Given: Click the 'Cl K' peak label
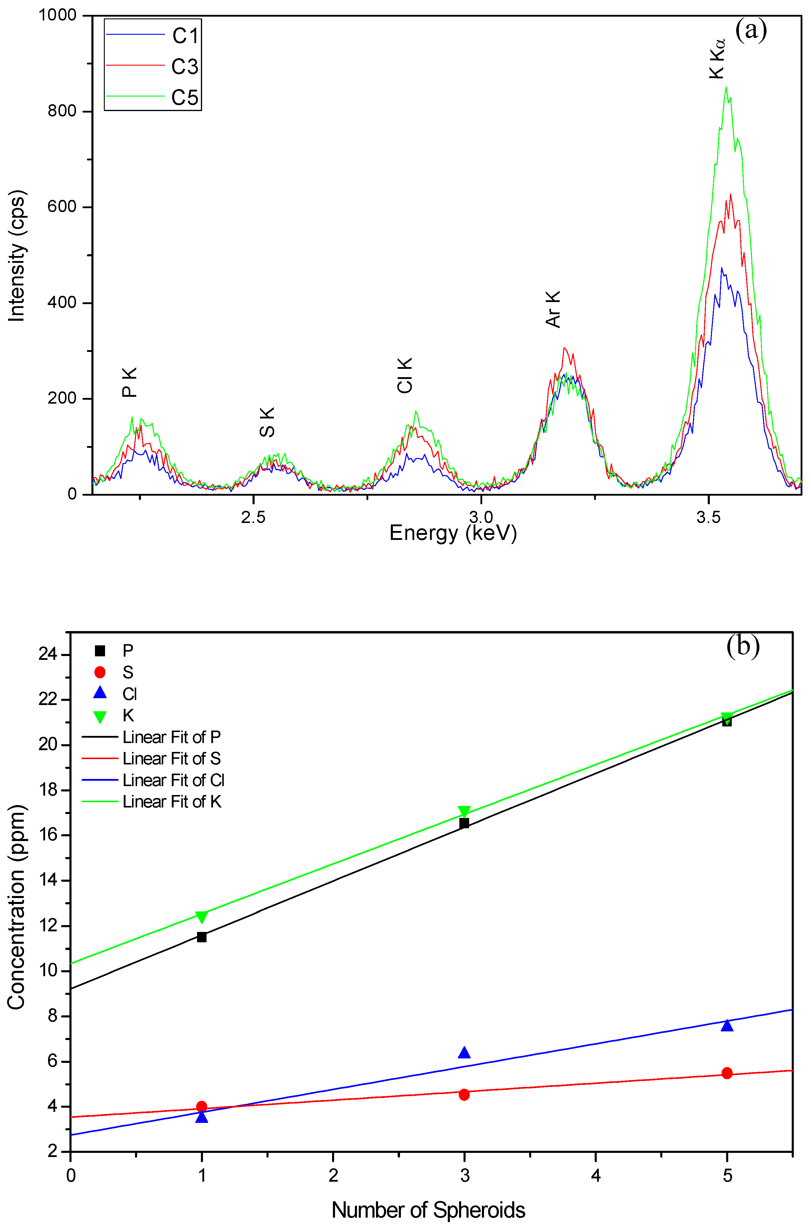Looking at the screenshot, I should click(405, 375).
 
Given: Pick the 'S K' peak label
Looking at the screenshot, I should click(267, 422).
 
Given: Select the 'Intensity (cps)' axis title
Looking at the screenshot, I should click(17, 256).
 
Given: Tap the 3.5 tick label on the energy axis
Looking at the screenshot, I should click(708, 517).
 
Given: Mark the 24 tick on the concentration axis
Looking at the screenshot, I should click(47, 654).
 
